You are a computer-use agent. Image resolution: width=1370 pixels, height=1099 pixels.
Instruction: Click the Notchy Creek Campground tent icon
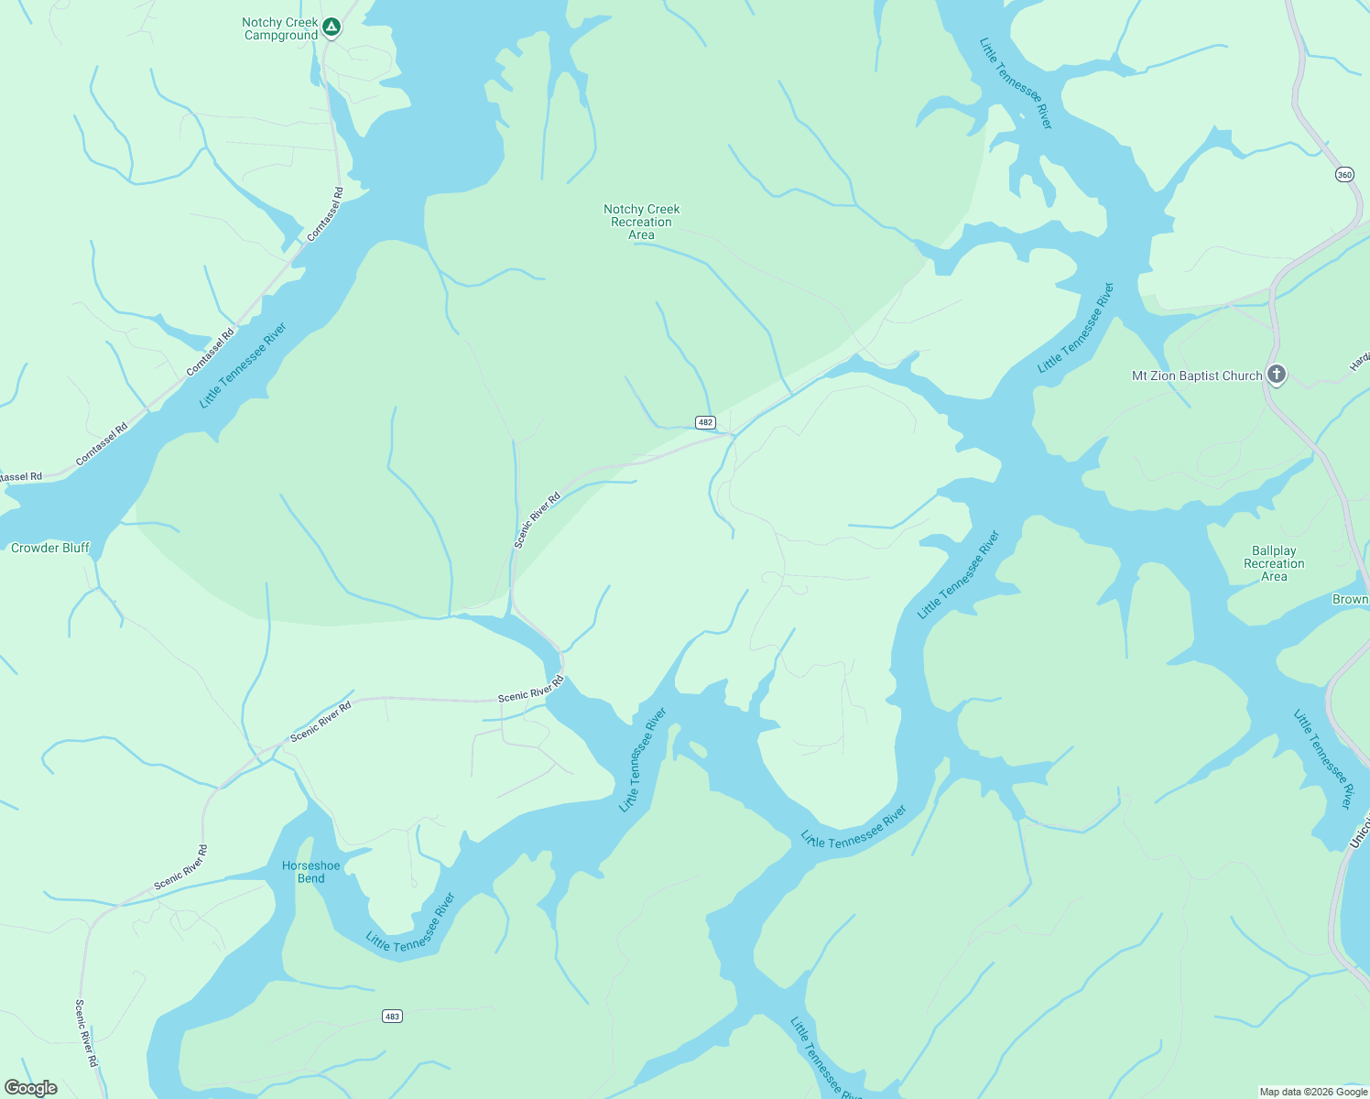(332, 27)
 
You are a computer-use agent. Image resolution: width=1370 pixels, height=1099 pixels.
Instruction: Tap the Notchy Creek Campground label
(280, 29)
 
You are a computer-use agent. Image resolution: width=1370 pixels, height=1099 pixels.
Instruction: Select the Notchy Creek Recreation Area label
(641, 222)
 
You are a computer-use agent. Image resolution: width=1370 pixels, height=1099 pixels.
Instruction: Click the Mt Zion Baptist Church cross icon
(1277, 374)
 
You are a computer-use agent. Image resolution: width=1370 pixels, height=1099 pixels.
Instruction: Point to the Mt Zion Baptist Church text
(1197, 375)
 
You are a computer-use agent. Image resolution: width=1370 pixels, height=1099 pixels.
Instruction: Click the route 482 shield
(705, 422)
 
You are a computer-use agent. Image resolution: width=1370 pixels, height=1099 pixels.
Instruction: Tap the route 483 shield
(392, 1016)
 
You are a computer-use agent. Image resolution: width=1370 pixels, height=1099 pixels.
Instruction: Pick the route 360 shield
(1343, 174)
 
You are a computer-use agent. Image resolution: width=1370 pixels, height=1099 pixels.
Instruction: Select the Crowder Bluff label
(50, 548)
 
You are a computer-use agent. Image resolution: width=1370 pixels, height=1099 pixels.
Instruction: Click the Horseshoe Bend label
(311, 872)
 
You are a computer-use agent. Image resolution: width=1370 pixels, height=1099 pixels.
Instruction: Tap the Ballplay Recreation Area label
(1274, 563)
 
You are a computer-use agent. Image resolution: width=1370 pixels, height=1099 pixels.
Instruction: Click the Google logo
(30, 1088)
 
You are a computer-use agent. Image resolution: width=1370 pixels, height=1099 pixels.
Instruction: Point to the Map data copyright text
(1312, 1092)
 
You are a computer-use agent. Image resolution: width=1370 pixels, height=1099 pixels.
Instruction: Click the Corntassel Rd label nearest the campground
(325, 214)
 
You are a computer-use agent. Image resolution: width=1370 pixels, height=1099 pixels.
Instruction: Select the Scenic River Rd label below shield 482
(537, 520)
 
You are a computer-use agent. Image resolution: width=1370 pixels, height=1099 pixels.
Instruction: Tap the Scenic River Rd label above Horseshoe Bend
(321, 722)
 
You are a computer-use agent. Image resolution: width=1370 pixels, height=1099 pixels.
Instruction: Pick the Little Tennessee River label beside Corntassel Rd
(243, 365)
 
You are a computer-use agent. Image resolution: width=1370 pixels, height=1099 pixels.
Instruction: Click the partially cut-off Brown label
(1351, 599)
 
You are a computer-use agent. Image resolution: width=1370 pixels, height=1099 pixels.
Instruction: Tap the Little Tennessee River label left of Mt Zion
(1076, 328)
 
